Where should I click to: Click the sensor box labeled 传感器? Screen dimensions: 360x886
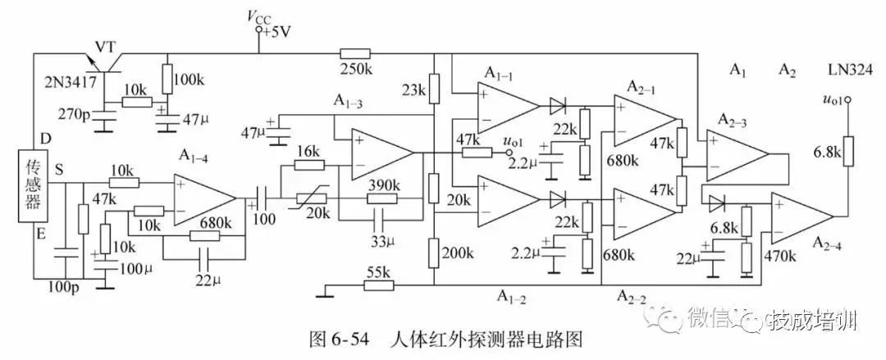coord(32,185)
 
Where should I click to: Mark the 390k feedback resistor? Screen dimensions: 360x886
coord(382,198)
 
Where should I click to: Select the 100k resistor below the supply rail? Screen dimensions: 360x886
coord(167,80)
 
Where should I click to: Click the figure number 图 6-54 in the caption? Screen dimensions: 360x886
coord(338,339)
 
